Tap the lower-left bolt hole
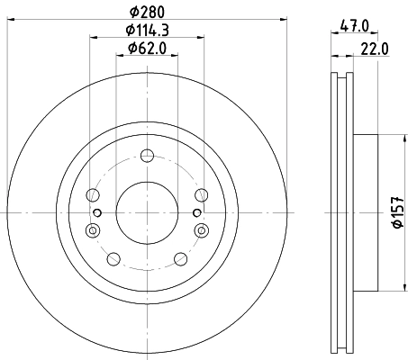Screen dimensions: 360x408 (113, 259)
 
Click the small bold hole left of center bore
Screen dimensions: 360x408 (98, 212)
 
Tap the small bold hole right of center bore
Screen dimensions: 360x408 (195, 212)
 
